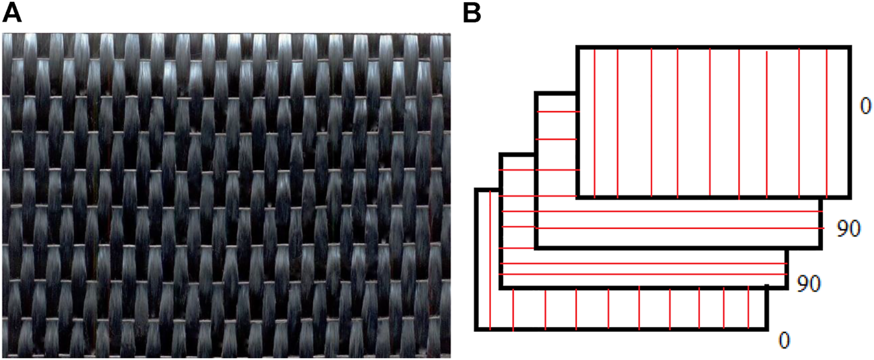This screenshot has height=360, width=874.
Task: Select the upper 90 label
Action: point(848,229)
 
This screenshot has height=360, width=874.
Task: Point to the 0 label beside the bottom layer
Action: point(783,340)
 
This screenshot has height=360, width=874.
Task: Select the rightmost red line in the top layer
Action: point(826,121)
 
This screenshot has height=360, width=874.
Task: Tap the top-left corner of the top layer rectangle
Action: point(578,47)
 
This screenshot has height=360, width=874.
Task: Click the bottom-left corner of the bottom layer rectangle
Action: point(476,329)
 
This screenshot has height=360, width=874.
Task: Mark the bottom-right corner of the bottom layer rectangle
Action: point(767,329)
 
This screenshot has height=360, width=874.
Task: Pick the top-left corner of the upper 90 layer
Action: point(537,93)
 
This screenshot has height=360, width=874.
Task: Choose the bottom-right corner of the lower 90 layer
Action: point(787,288)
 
